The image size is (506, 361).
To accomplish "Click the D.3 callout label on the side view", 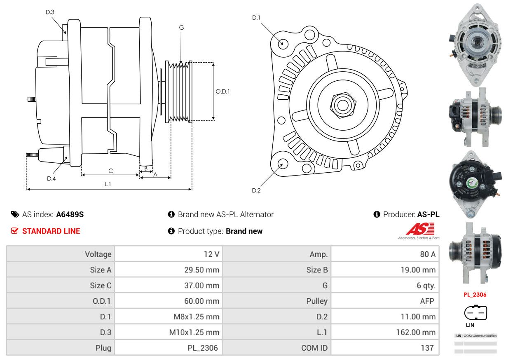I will (50, 12).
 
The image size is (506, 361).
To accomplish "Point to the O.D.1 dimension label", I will (223, 91).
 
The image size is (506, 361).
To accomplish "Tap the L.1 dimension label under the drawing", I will (108, 184).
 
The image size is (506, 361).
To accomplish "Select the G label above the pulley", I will (181, 28).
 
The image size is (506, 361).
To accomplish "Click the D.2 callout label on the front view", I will (256, 190).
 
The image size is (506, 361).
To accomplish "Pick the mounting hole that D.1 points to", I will (283, 43).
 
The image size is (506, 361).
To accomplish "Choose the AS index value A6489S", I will (70, 214).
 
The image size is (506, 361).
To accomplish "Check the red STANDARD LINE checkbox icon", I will (14, 231).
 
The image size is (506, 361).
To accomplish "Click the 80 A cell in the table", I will (427, 254).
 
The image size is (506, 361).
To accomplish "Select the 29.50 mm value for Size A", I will (201, 270).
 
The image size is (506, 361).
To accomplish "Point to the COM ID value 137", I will (427, 348).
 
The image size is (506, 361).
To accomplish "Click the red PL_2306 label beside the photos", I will (475, 295).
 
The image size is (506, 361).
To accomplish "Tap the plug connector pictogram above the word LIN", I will (476, 313).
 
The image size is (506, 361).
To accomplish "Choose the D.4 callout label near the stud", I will (51, 178).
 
